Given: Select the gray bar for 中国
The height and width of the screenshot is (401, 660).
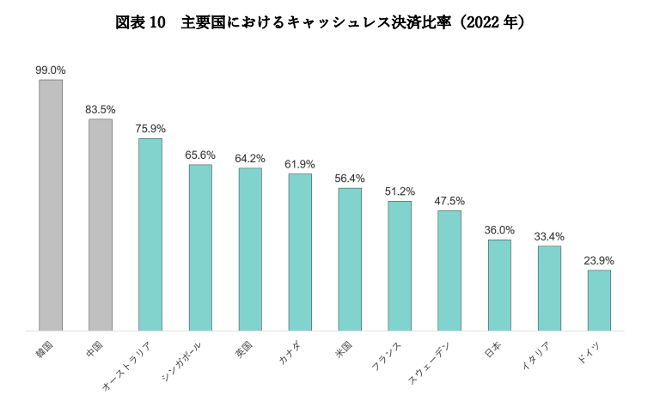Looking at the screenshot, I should pyautogui.click(x=101, y=224).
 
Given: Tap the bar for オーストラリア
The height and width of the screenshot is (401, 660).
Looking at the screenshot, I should pyautogui.click(x=150, y=234).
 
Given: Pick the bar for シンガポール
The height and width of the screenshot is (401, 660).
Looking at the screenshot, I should pyautogui.click(x=200, y=246).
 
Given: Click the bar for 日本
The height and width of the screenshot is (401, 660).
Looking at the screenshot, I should pyautogui.click(x=499, y=284).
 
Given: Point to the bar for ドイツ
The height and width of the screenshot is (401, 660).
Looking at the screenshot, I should pyautogui.click(x=599, y=300).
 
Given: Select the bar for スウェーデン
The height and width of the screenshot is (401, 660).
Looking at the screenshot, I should pyautogui.click(x=449, y=270).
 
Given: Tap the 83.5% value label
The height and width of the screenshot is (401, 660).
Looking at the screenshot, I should pyautogui.click(x=101, y=110).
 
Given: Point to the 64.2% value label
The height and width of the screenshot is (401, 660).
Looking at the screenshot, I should pyautogui.click(x=250, y=159).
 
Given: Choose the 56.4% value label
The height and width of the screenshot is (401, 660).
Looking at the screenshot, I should pyautogui.click(x=350, y=179).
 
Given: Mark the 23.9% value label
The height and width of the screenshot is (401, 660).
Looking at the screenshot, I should pyautogui.click(x=599, y=261).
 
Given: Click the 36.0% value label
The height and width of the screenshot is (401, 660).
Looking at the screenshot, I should pyautogui.click(x=499, y=230).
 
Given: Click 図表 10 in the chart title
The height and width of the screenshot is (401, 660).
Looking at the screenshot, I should pyautogui.click(x=140, y=23).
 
